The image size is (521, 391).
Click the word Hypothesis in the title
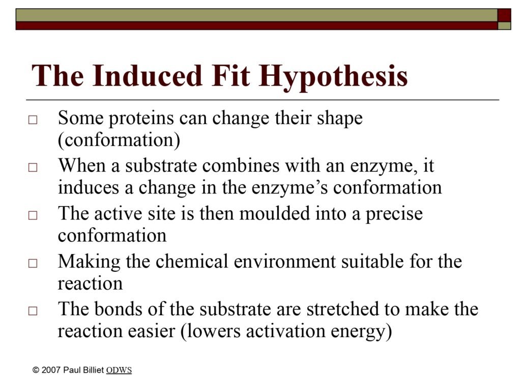[333, 77]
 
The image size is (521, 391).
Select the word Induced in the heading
[148, 75]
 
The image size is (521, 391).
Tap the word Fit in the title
[230, 75]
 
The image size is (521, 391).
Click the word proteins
[141, 119]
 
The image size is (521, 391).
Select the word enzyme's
[290, 188]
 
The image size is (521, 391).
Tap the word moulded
[274, 213]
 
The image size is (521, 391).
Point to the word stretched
[342, 309]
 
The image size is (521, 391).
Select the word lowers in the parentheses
[211, 331]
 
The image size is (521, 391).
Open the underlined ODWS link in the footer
[119, 370]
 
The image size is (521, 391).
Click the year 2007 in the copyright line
[51, 370]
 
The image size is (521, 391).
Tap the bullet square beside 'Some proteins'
[33, 120]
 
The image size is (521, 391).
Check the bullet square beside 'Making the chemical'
[33, 263]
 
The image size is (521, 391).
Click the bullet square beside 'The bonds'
[33, 311]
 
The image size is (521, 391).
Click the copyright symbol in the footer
[36, 370]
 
